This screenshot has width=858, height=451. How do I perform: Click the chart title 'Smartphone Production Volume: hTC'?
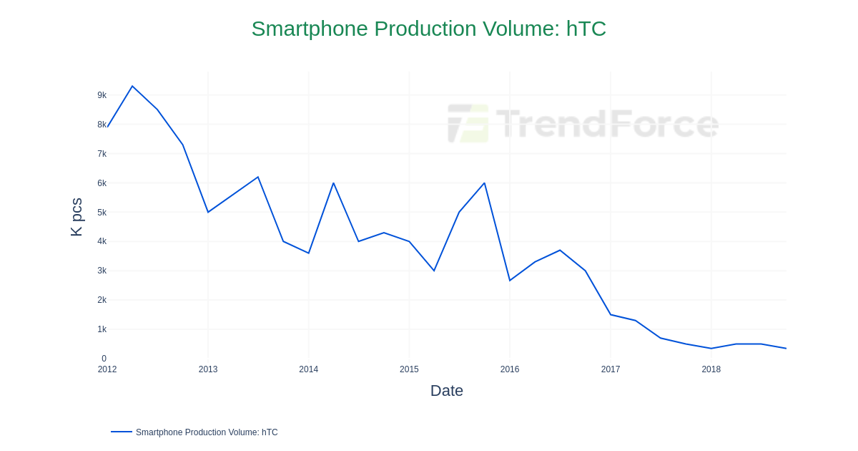click(x=428, y=29)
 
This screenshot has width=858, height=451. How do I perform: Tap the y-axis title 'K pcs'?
click(x=77, y=217)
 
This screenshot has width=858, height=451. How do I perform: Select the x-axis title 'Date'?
click(x=446, y=391)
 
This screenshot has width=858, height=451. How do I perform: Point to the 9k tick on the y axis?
click(x=102, y=95)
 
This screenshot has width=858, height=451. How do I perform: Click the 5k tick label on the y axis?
click(x=102, y=213)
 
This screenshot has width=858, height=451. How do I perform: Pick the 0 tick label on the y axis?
click(x=104, y=359)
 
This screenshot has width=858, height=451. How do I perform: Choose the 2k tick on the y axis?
click(x=102, y=300)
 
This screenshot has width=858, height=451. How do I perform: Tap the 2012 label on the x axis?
click(x=107, y=369)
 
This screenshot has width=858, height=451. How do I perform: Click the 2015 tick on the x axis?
click(x=409, y=369)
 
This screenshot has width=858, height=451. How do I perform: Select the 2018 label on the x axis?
click(x=711, y=369)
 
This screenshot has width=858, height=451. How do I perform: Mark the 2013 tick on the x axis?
click(x=208, y=369)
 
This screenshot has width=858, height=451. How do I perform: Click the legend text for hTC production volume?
click(x=207, y=432)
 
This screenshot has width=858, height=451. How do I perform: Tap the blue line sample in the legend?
click(x=122, y=432)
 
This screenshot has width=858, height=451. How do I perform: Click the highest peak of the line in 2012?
click(x=132, y=87)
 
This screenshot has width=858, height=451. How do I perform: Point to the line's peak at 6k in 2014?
click(x=333, y=183)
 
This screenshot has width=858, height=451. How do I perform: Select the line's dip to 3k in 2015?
click(x=434, y=271)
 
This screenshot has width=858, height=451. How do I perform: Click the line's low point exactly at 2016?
click(x=510, y=281)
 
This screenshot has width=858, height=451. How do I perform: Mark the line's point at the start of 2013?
click(x=208, y=212)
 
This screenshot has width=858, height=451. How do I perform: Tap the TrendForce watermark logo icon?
click(x=468, y=123)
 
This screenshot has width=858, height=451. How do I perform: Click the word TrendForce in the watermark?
click(x=607, y=123)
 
